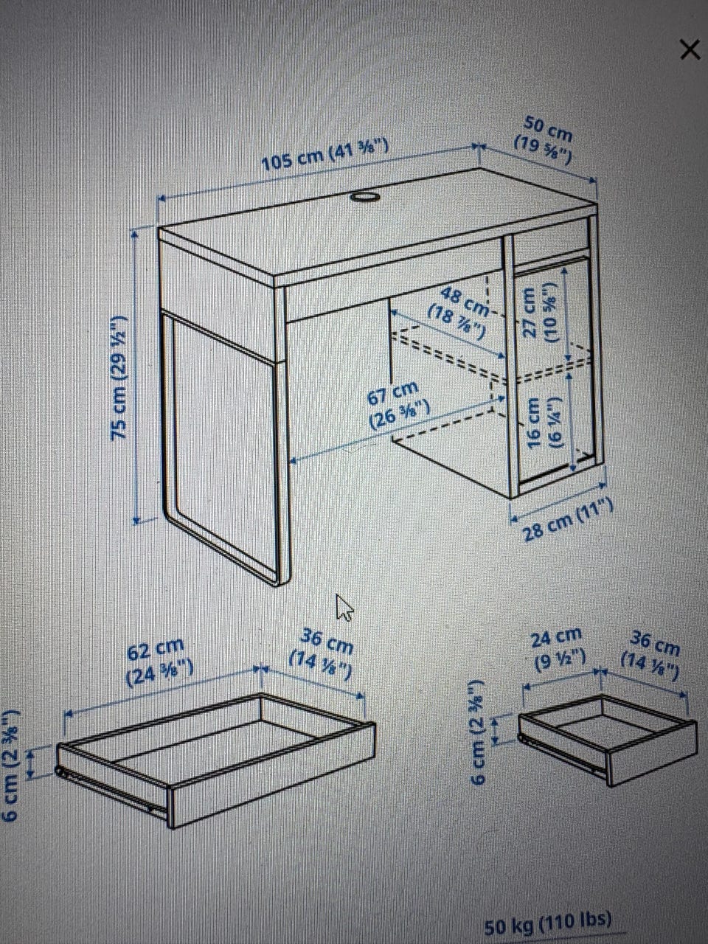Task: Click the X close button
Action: pos(690,50)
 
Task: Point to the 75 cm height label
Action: pos(119,378)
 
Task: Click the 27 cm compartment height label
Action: pos(541,312)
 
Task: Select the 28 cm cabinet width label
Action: pos(568,521)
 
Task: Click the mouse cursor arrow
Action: pos(344,607)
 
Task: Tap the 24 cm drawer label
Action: pos(558,650)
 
